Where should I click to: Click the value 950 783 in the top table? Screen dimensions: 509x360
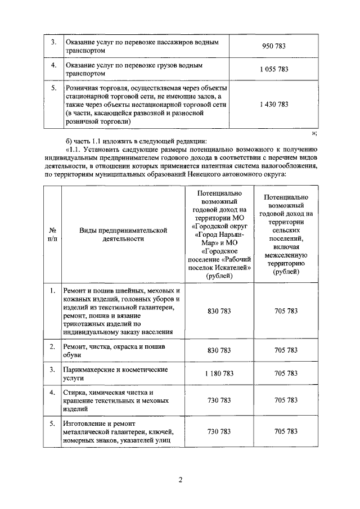pos(274,46)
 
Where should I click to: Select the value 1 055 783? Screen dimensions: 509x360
pos(274,70)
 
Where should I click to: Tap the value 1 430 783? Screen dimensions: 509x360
pos(274,105)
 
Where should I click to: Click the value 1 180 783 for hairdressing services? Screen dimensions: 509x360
pos(219,373)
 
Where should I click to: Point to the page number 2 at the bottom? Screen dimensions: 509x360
pos(180,480)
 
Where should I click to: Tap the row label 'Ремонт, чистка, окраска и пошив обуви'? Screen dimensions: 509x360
pos(114,350)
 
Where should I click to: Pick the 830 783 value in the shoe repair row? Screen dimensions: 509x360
pos(219,350)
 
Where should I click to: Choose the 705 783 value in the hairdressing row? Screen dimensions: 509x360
pos(286,373)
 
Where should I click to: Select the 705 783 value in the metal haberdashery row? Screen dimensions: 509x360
pos(286,431)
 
